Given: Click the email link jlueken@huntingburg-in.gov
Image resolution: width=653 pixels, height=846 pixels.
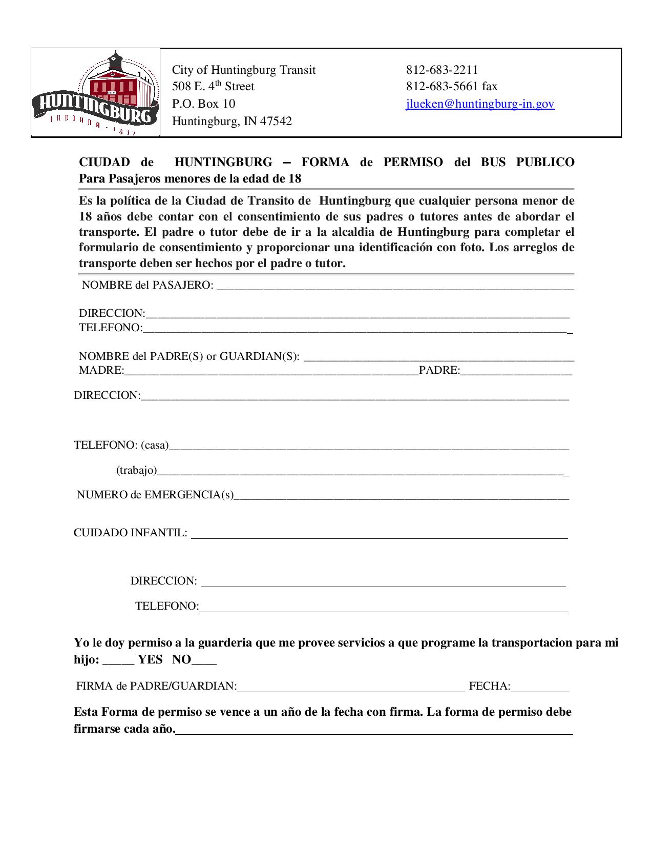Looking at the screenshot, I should click(x=480, y=104).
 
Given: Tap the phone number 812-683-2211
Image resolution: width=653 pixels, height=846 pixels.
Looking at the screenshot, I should click(x=442, y=70).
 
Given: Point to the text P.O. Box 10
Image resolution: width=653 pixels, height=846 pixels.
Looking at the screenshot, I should click(x=203, y=104).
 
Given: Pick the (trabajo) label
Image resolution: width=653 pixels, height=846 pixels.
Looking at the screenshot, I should click(x=136, y=470).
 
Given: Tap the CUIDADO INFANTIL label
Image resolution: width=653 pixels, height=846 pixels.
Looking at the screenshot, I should click(x=130, y=533).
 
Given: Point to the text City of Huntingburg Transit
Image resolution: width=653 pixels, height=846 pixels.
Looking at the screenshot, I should click(x=244, y=70).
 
